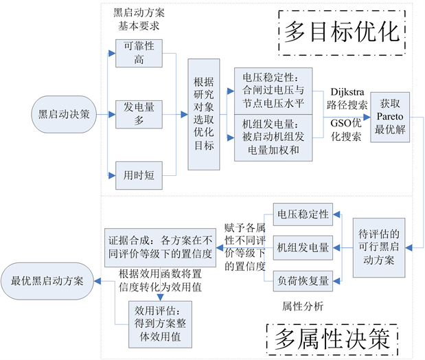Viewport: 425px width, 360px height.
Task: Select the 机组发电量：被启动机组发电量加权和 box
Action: click(x=273, y=137)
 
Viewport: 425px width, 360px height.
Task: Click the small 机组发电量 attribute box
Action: click(x=303, y=247)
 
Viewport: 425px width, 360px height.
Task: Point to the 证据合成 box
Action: click(x=160, y=247)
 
